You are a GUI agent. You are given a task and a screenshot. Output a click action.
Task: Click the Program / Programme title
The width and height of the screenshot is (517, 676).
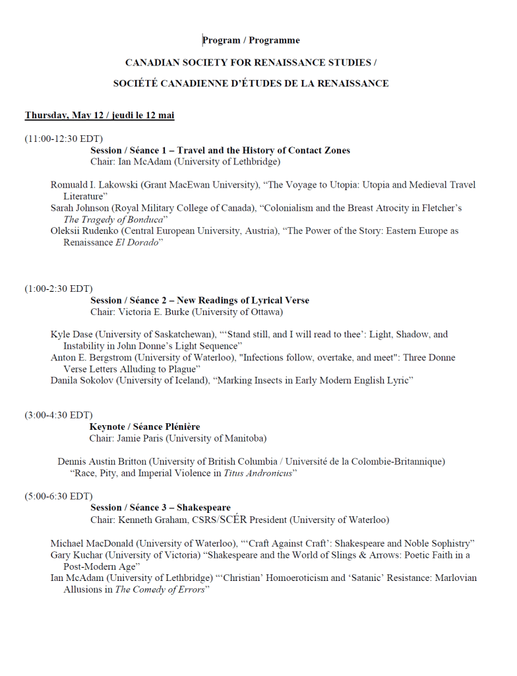pyautogui.click(x=251, y=41)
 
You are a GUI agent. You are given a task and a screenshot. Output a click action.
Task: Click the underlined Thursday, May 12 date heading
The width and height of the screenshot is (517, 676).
pyautogui.click(x=100, y=116)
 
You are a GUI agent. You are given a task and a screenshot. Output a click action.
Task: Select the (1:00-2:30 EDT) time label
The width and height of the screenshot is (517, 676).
pyautogui.click(x=59, y=288)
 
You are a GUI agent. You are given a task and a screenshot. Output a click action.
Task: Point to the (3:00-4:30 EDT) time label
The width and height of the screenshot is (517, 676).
pyautogui.click(x=59, y=415)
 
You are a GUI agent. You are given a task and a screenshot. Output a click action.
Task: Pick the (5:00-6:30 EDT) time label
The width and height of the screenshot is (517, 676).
pyautogui.click(x=59, y=496)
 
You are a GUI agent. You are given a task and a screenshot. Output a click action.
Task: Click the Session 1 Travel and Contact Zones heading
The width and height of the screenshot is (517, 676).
pyautogui.click(x=220, y=151)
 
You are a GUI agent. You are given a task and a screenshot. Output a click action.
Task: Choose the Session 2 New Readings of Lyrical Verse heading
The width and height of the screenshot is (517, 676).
pyautogui.click(x=200, y=300)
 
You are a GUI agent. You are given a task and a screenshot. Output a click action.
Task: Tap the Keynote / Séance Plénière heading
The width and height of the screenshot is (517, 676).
pyautogui.click(x=145, y=427)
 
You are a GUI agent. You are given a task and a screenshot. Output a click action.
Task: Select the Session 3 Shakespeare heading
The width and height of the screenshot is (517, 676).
pyautogui.click(x=160, y=508)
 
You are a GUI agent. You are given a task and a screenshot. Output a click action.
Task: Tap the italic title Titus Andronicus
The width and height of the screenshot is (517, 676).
pyautogui.click(x=258, y=473)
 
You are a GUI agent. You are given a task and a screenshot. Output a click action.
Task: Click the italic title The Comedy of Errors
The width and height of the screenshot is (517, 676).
pyautogui.click(x=160, y=590)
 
